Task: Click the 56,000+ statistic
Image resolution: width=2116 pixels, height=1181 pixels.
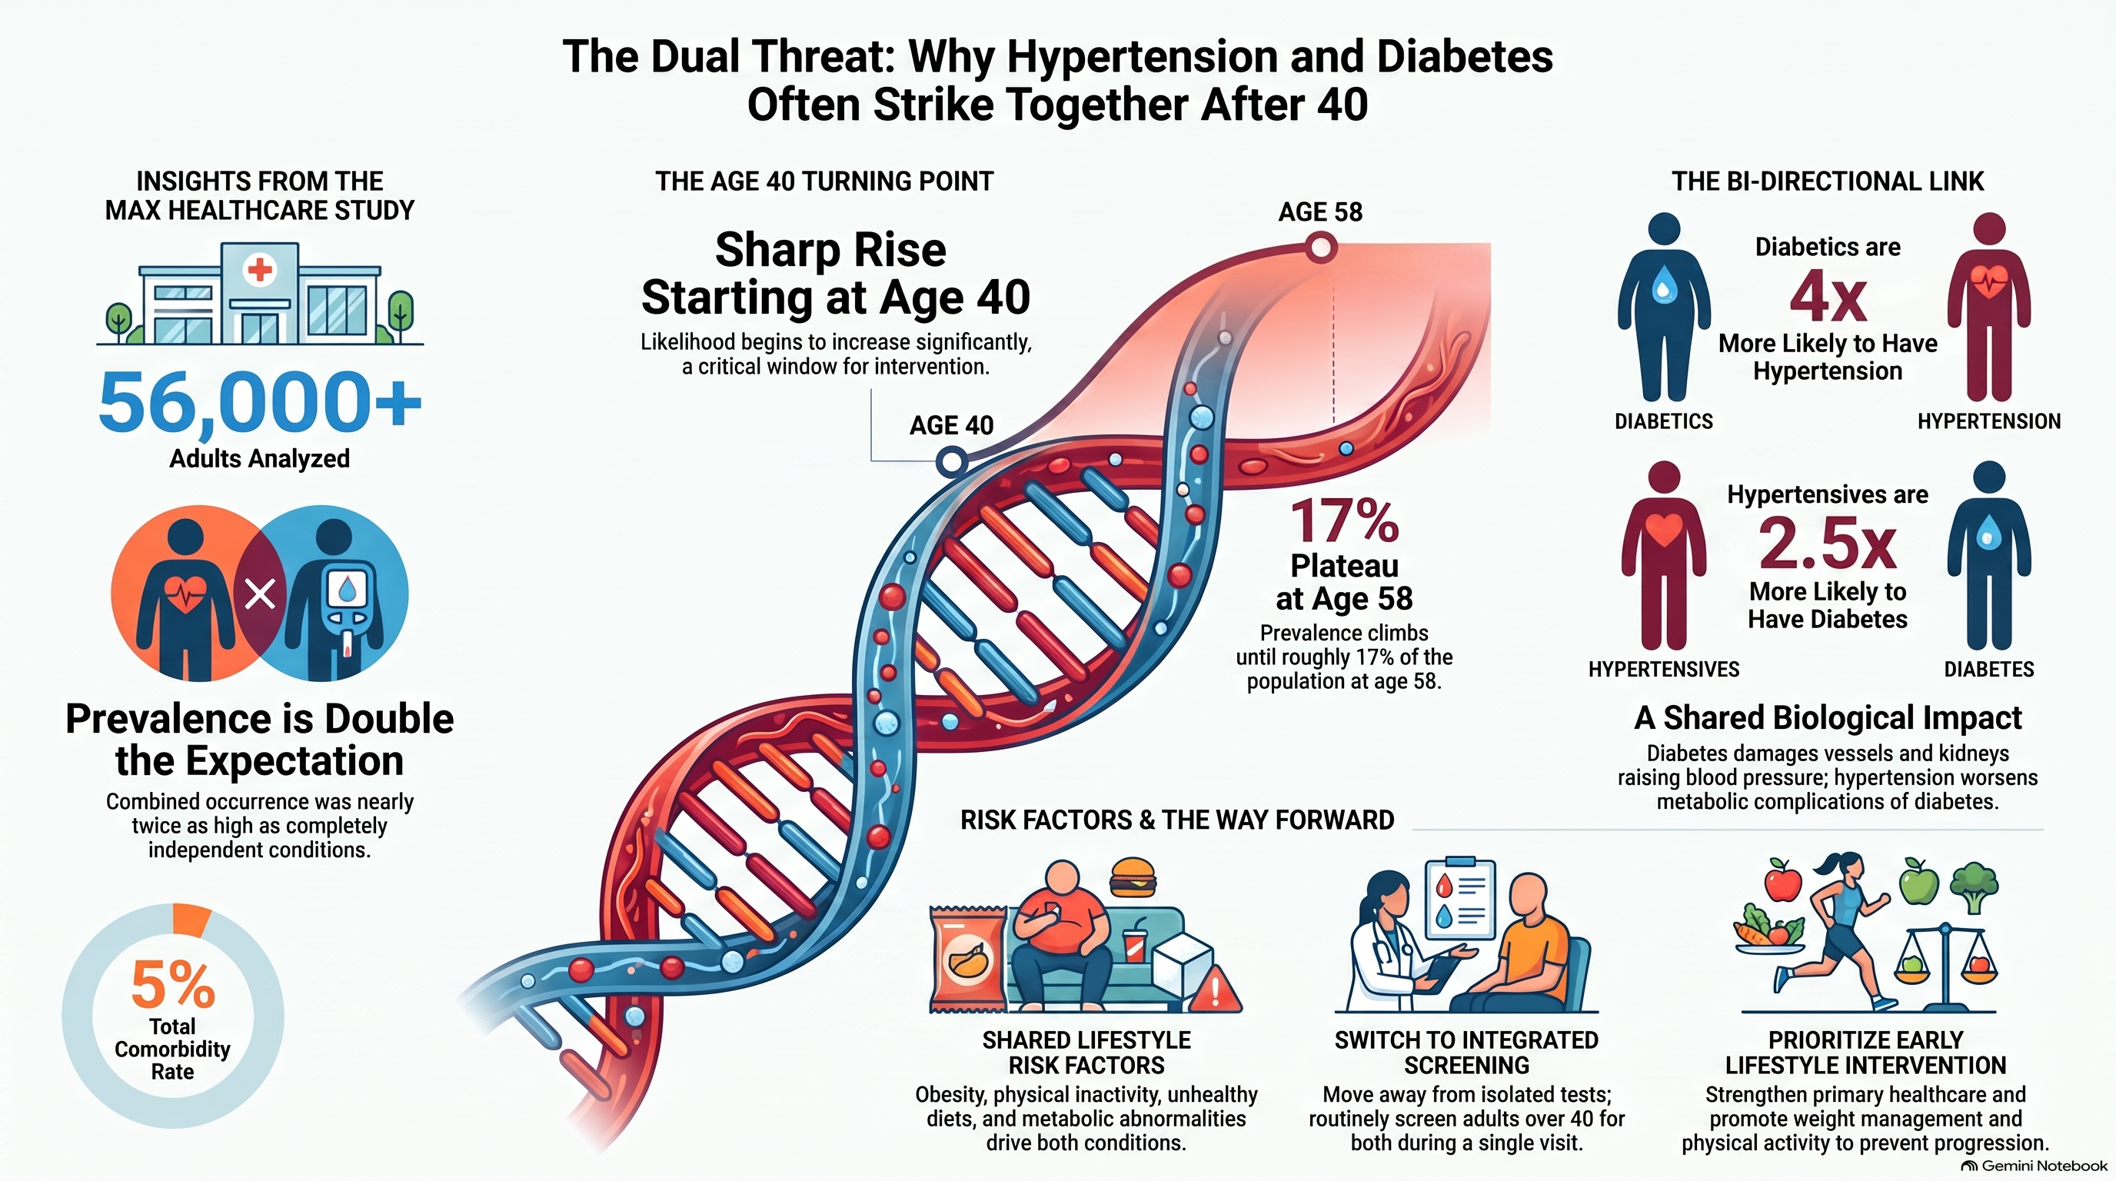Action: click(260, 402)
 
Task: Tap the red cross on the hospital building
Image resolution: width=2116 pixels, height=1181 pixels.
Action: click(261, 269)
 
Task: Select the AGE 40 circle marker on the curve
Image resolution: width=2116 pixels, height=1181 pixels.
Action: click(951, 461)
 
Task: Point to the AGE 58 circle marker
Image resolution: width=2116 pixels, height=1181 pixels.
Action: click(1320, 248)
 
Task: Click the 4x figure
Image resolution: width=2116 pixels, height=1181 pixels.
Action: click(1828, 296)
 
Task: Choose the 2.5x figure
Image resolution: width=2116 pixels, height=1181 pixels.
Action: click(1828, 544)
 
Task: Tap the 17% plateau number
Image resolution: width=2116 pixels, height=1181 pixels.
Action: click(1345, 521)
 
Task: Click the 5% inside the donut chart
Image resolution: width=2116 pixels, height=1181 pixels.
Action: click(173, 985)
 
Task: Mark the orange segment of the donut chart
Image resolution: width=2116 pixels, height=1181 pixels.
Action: click(191, 920)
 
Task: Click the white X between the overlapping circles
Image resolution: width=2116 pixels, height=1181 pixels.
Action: click(260, 593)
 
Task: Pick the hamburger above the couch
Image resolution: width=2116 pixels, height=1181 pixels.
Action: click(1133, 877)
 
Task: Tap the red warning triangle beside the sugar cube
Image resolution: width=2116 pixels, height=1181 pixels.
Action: click(1215, 989)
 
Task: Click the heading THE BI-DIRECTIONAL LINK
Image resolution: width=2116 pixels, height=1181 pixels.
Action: click(1828, 181)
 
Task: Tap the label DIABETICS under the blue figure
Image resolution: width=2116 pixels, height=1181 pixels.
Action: click(1664, 421)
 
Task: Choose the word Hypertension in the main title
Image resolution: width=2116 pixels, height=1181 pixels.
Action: click(1142, 57)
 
